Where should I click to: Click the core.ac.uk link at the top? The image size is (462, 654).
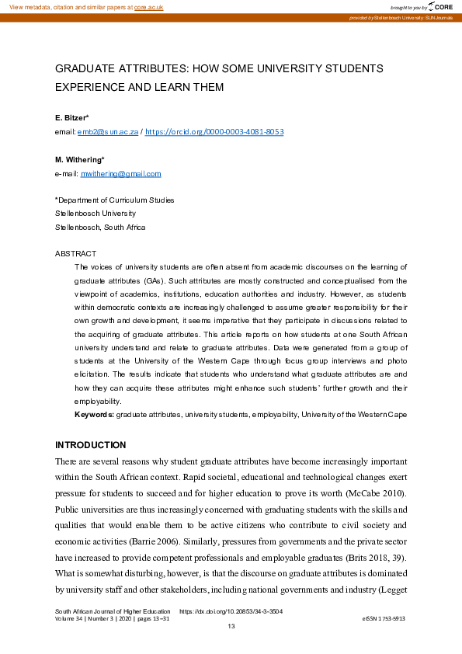point(149,6)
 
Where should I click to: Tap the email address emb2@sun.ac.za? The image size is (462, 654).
point(107,132)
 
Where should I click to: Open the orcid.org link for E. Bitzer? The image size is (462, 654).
point(214,132)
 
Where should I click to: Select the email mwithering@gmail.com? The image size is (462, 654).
point(121,174)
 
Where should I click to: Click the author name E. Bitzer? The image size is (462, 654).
point(72,117)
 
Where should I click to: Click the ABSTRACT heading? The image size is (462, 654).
point(75,254)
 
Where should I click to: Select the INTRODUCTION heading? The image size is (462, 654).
point(90,445)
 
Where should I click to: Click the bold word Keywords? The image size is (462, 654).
point(94,416)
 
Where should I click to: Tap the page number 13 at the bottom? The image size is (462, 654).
point(231,626)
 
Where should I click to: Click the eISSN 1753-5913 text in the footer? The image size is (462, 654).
point(384,618)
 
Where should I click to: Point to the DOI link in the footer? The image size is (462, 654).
point(231,611)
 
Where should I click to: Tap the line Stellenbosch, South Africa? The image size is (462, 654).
point(99,228)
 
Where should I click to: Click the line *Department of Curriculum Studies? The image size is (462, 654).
point(114,200)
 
